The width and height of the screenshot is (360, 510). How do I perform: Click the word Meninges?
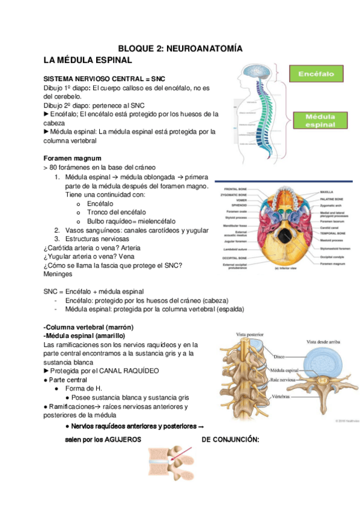click(x=58, y=274)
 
